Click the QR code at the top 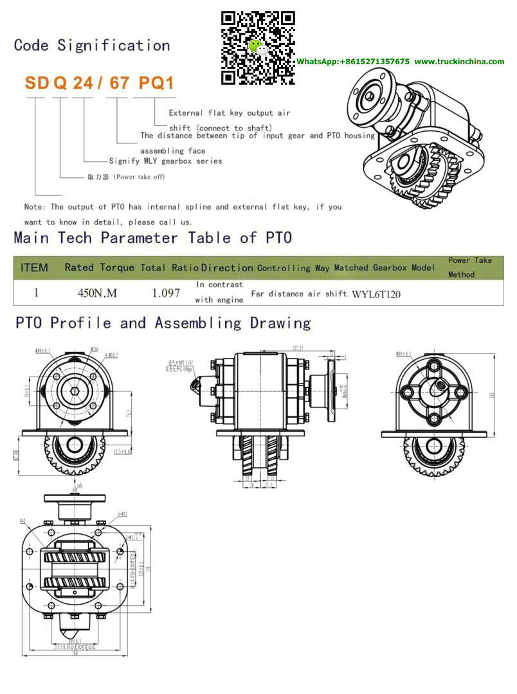coord(258,48)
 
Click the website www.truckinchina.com coord(459,62)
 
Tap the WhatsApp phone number coord(352,62)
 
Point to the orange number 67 coord(117,83)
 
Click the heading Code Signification coord(92,46)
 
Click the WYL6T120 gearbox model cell coord(376,294)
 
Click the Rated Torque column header coord(99,267)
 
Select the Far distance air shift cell coord(299,294)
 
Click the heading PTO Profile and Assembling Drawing coord(163,323)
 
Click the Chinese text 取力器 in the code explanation coord(100,177)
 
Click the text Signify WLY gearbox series coord(165,161)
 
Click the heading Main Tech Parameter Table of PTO coord(153,238)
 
